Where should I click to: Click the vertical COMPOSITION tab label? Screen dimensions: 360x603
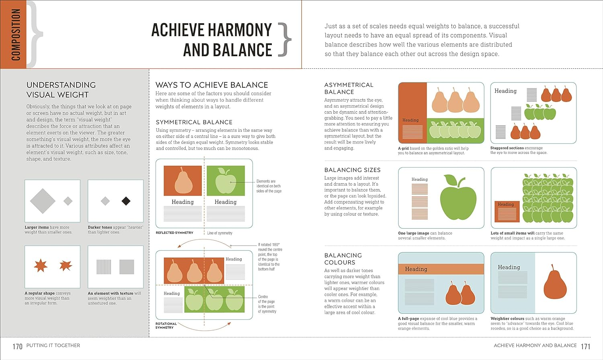tap(16, 35)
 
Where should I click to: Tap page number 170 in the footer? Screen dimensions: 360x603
tap(17, 346)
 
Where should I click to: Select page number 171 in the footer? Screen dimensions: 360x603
tap(586, 346)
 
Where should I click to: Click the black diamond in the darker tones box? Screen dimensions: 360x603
tap(126, 201)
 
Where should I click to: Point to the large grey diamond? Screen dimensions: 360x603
tap(43, 201)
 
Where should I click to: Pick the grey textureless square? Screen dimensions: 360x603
tap(127, 267)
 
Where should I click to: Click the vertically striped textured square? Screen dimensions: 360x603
tap(104, 267)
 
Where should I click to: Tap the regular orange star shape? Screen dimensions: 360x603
tap(41, 266)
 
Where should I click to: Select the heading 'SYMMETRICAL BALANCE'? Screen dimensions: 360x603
tap(194, 122)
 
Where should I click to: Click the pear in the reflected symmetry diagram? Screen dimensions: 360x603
tap(183, 181)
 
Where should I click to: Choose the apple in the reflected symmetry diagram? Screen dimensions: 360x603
tap(226, 181)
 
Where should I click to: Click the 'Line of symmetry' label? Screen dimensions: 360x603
tap(219, 233)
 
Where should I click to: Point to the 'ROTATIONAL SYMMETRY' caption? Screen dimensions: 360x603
tap(166, 325)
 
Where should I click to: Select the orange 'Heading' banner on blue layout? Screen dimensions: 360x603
tap(441, 269)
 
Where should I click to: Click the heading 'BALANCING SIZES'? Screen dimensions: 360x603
tap(352, 170)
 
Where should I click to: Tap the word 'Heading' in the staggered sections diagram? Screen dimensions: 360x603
tap(505, 91)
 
